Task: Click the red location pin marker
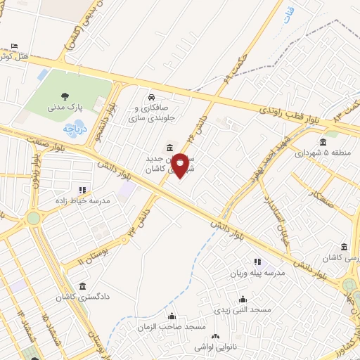180,165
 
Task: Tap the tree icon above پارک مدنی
65,97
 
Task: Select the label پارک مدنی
65,109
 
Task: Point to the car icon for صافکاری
151,97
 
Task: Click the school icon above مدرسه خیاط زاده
82,189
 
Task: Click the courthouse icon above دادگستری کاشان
83,285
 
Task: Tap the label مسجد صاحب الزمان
172,327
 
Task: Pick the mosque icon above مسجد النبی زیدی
243,298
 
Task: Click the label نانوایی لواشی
214,348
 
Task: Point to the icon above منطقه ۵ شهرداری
323,143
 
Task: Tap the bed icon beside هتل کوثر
15,46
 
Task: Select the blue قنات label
288,14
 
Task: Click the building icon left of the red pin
167,148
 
